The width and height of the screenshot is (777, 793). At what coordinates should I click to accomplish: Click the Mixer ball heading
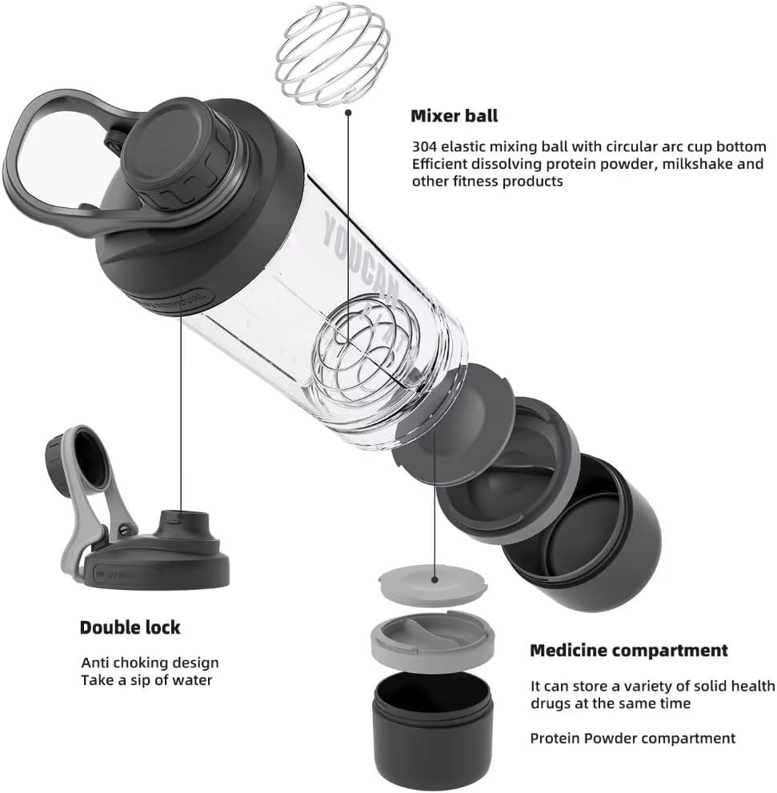(x=454, y=116)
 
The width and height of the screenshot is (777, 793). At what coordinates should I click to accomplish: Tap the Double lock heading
(x=130, y=627)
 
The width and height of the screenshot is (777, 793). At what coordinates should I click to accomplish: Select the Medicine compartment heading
(x=628, y=651)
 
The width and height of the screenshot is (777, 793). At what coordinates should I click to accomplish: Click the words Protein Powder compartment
(x=632, y=739)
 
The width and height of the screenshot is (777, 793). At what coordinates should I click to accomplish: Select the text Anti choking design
(x=150, y=663)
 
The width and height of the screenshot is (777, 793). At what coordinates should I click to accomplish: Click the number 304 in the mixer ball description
(x=423, y=147)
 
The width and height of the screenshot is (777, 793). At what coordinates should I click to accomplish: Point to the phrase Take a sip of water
(x=146, y=680)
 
